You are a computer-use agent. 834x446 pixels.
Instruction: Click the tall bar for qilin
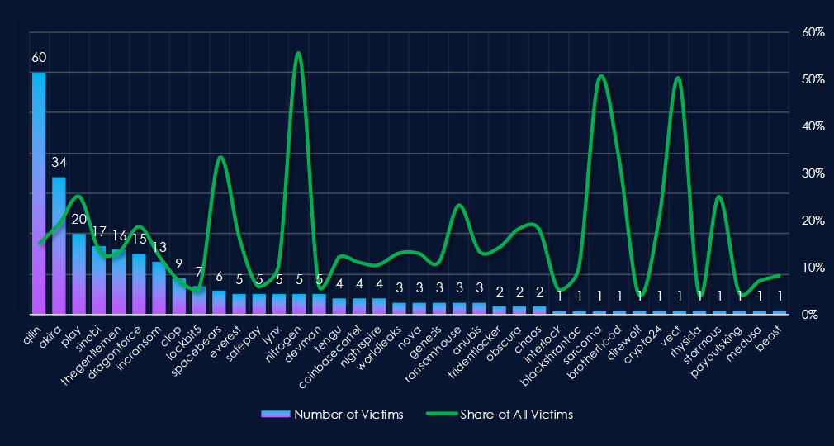(x=39, y=193)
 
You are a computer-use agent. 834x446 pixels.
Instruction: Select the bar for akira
(x=59, y=245)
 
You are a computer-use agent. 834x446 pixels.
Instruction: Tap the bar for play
(x=78, y=273)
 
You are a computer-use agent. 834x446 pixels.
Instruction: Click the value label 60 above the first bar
(x=39, y=58)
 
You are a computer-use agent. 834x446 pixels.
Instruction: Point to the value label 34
(x=59, y=162)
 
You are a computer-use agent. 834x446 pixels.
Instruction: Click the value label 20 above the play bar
(x=78, y=219)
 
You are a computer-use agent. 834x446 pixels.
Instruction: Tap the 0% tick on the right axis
(x=810, y=315)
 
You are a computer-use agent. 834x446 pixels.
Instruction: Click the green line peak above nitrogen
(x=298, y=54)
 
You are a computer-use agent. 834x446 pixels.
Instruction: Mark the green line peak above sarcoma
(x=600, y=76)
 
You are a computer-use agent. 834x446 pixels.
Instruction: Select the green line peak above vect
(x=678, y=78)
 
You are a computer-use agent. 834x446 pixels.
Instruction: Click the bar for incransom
(x=159, y=287)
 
